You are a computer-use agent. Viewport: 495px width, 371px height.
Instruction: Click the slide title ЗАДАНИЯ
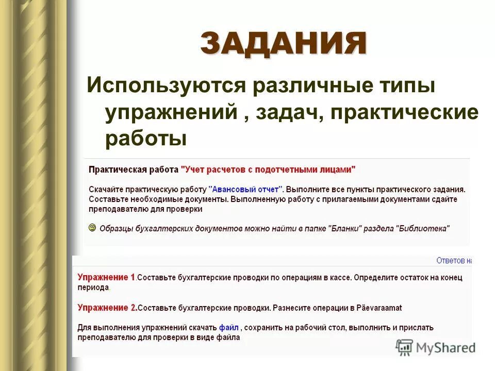coord(283,43)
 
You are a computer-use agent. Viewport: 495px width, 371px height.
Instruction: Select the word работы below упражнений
coord(145,138)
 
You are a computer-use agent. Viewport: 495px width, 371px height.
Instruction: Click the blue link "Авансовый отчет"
coord(246,189)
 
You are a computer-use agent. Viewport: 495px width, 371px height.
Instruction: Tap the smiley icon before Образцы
coord(92,227)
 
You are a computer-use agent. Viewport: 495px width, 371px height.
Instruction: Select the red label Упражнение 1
coord(106,277)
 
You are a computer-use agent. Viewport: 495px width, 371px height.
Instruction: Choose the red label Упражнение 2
coord(107,308)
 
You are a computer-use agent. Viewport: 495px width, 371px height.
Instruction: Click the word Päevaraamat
coord(379,308)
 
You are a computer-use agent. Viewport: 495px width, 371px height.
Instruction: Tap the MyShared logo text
coord(445,348)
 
